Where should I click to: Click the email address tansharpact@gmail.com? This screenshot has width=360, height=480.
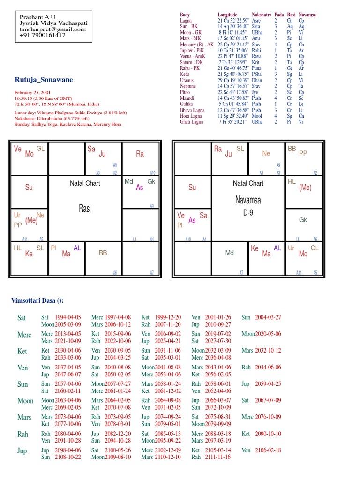[x=53, y=29]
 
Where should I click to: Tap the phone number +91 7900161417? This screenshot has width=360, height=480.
[x=43, y=35]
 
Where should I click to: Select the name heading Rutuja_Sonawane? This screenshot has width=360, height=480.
[x=44, y=80]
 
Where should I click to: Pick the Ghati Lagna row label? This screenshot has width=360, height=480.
[x=192, y=122]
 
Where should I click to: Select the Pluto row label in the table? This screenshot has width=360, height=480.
[x=186, y=92]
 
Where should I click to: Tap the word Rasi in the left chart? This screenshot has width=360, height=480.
[x=85, y=209]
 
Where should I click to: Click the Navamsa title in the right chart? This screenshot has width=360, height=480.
[x=248, y=200]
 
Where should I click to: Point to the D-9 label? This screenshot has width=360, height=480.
[x=248, y=213]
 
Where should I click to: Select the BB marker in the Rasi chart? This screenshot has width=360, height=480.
[x=103, y=253]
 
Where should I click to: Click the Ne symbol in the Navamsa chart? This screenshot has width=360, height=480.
[x=266, y=153]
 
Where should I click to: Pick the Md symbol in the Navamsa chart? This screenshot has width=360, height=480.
[x=230, y=253]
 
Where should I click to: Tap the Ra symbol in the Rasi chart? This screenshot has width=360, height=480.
[x=140, y=153]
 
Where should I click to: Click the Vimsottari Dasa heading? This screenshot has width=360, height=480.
[x=37, y=300]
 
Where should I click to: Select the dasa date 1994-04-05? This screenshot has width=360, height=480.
[x=68, y=317]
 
